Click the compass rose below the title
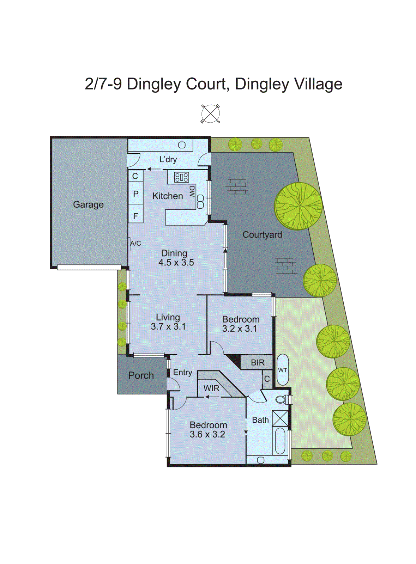tap(210, 114)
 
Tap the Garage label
tap(88, 204)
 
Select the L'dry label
tap(168, 159)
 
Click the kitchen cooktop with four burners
tap(181, 177)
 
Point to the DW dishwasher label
tap(192, 191)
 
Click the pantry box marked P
tap(135, 194)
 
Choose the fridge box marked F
tap(135, 215)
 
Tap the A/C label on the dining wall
tap(135, 243)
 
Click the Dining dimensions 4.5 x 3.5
tap(176, 263)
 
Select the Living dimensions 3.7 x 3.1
tap(168, 327)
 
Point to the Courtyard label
tap(262, 235)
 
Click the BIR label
tap(258, 363)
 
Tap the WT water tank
tap(283, 370)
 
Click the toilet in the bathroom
tap(281, 399)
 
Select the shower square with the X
tap(280, 418)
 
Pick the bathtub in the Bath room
tap(280, 441)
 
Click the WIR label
tap(211, 388)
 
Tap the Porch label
tap(141, 375)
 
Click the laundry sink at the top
tap(182, 145)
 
